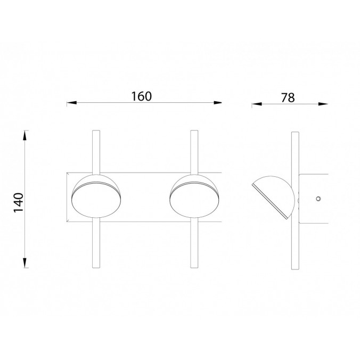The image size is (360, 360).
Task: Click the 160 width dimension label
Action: tap(142, 96)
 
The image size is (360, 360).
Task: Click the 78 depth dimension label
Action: tap(287, 97)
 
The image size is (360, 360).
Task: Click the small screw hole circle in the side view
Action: tap(318, 199)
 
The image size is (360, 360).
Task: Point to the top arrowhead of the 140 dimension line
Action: tap(25, 134)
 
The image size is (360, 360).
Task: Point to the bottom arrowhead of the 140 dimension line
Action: tap(25, 264)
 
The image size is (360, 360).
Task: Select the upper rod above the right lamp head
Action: tap(194, 151)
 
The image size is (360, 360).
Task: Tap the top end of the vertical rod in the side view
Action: tap(294, 132)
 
